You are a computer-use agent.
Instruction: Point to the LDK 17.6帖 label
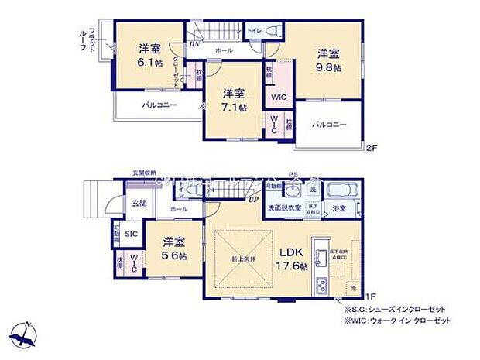[x=290, y=259]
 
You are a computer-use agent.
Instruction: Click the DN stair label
[x=194, y=44]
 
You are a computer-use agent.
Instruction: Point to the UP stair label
[x=253, y=201]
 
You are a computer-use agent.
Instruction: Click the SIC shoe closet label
[x=132, y=233]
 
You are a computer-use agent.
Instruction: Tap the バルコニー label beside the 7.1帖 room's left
[x=159, y=105]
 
